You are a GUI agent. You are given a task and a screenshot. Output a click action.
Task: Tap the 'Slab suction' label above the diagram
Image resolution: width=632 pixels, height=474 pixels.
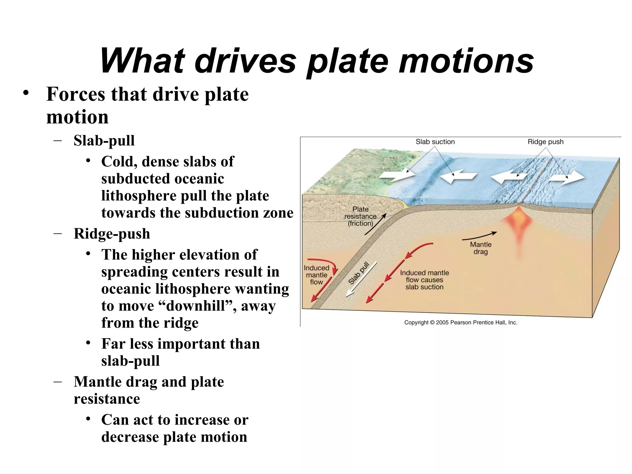(x=435, y=142)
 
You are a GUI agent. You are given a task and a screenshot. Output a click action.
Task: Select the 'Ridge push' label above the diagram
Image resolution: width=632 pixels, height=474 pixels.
(x=545, y=142)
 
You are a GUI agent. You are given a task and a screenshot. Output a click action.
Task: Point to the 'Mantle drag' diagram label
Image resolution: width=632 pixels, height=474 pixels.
(x=480, y=248)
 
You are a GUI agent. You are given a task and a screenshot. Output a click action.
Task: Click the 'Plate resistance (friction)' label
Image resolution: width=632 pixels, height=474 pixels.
(x=360, y=216)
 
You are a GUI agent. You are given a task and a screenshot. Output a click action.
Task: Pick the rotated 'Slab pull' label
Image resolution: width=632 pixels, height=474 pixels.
(x=359, y=273)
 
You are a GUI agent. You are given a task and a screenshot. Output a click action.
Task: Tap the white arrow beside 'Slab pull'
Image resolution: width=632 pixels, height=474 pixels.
(x=361, y=279)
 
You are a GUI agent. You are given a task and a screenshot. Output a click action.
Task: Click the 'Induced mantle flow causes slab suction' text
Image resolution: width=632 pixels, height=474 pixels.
(x=424, y=280)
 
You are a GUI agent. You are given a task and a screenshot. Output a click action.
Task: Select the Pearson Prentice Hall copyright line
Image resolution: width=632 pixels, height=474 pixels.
(x=460, y=322)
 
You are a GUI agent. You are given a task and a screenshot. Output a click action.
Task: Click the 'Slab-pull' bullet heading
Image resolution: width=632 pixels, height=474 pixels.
(x=104, y=141)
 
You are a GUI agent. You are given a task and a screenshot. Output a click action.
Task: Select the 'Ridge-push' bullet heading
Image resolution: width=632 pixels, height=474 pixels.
(x=112, y=234)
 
